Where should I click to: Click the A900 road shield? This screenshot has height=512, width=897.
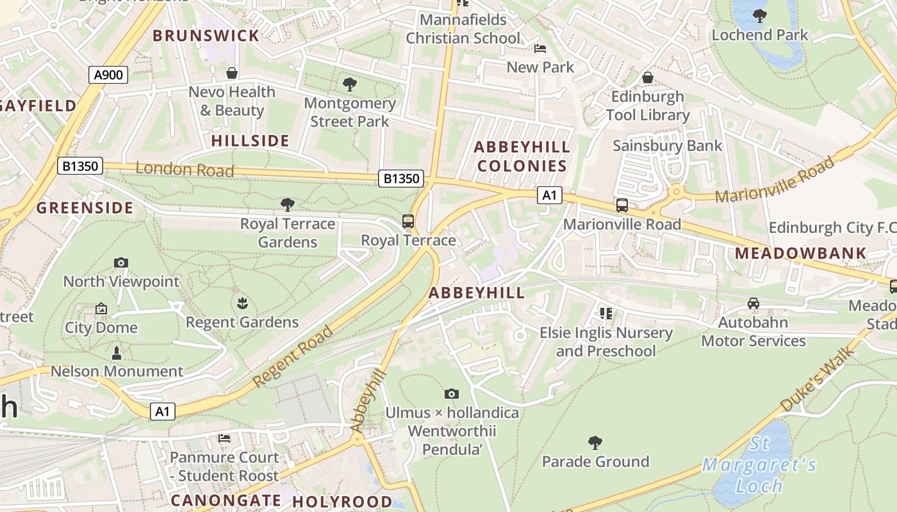tap(108, 75)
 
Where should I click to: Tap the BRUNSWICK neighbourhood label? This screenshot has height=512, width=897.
tap(206, 36)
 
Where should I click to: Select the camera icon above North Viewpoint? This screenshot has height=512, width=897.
tap(120, 262)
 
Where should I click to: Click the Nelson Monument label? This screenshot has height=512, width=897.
tap(117, 371)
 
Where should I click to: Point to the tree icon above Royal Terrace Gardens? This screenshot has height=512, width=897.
tap(288, 205)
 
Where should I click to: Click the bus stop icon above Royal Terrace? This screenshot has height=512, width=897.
tap(408, 221)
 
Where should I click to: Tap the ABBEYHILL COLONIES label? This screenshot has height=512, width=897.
tap(522, 157)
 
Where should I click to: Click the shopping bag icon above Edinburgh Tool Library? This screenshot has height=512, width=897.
tap(648, 77)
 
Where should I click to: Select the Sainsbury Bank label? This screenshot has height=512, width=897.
tap(667, 146)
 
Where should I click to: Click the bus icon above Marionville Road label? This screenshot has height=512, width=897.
tap(621, 205)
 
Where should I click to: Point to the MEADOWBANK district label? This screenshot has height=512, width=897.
tap(800, 253)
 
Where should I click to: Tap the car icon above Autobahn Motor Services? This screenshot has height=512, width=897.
tap(753, 303)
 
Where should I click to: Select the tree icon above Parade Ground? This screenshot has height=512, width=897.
tap(595, 442)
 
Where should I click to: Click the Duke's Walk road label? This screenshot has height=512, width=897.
tap(818, 379)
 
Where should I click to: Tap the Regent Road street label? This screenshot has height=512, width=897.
tap(293, 356)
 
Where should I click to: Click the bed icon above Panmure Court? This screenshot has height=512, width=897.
tap(224, 438)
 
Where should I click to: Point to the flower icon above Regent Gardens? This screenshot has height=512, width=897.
tap(242, 303)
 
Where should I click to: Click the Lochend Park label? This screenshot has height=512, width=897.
tap(760, 35)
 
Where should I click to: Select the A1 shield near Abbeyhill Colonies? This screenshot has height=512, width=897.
tap(549, 195)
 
